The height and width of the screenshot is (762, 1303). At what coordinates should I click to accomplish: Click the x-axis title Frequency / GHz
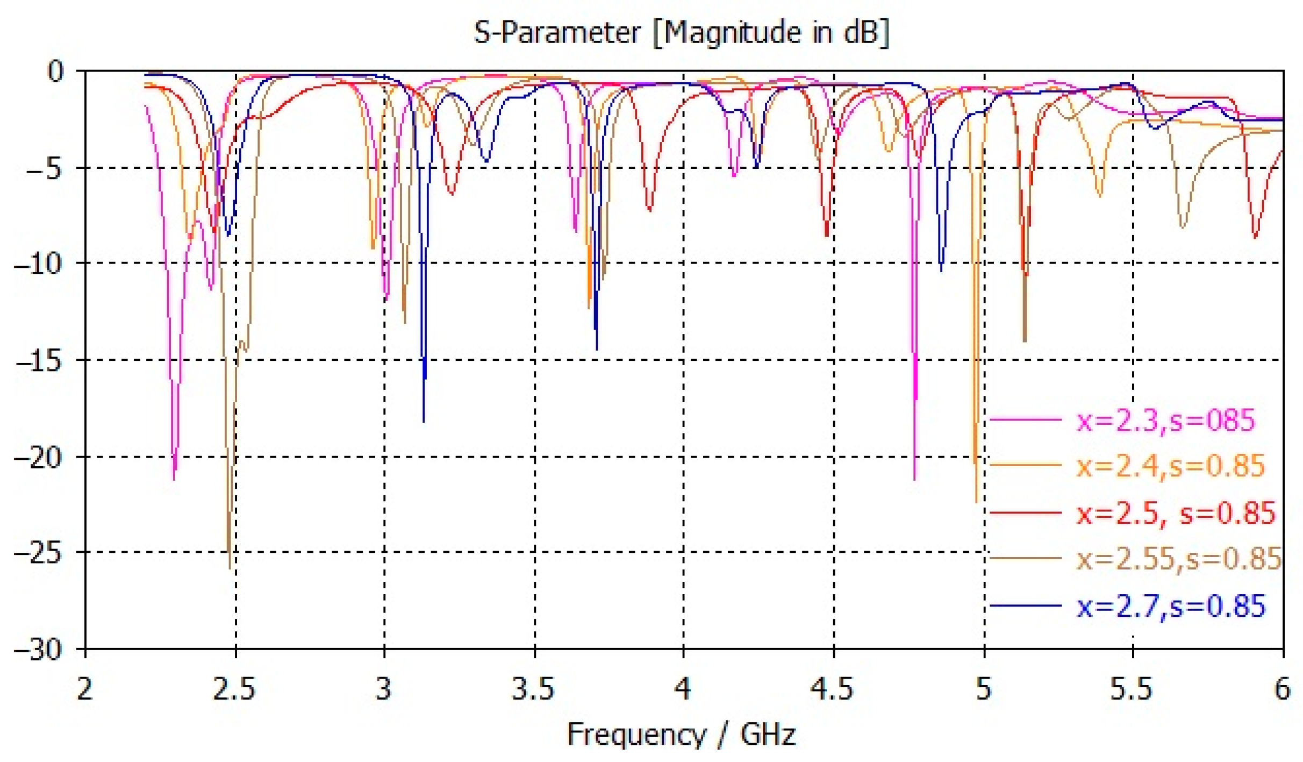pos(681,735)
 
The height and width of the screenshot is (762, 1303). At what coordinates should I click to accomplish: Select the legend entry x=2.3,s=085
pos(1165,421)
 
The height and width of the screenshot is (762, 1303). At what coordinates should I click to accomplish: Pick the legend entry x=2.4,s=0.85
pos(1170,466)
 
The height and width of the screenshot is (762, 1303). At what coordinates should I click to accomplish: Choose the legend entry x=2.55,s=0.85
pos(1178,559)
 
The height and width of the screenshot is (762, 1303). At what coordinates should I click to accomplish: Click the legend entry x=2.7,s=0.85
pos(1170,606)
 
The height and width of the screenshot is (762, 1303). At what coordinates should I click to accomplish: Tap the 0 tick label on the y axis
pos(55,72)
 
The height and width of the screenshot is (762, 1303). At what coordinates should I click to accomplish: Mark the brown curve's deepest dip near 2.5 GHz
pos(230,567)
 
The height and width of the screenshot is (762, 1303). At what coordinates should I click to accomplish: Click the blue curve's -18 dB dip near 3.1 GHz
pos(424,421)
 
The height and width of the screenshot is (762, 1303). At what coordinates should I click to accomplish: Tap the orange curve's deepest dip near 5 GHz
pos(976,502)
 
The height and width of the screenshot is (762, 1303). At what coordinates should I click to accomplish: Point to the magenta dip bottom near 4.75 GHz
pos(914,479)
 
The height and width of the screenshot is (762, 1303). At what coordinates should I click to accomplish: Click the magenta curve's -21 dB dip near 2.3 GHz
pos(174,479)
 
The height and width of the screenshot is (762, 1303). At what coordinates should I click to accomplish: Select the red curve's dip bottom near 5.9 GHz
pos(1255,237)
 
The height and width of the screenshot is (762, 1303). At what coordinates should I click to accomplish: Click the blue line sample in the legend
pos(1025,606)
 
